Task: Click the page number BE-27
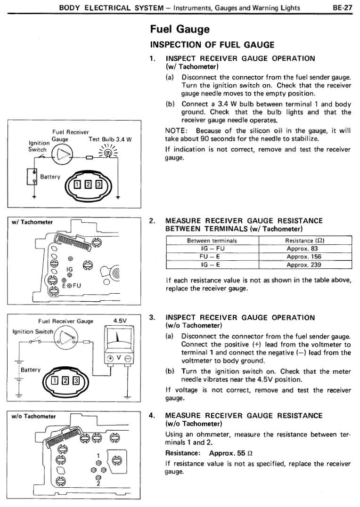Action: click(x=343, y=8)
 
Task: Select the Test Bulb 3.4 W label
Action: click(x=110, y=139)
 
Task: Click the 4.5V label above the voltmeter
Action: click(x=121, y=321)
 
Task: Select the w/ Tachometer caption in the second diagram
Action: click(x=33, y=222)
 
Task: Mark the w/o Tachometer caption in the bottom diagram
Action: click(x=34, y=416)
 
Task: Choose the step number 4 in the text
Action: click(x=152, y=416)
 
